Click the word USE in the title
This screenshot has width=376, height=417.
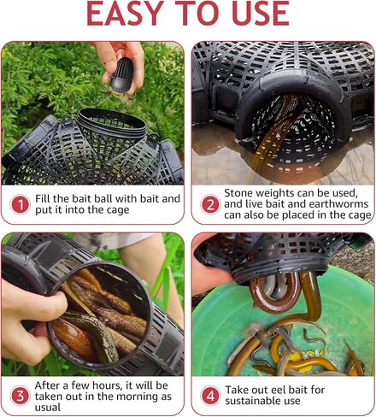coord(261,13)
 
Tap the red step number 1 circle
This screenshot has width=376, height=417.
coord(20,204)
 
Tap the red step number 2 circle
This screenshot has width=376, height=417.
coord(210,204)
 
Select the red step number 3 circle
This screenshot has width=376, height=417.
coord(20,396)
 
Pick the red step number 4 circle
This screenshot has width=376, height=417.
coord(210,396)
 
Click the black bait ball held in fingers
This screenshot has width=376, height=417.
coord(122,74)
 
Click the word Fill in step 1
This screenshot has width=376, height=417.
coord(43,198)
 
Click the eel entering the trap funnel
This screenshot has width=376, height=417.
coord(273,134)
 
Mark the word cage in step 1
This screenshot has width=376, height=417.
coord(118,210)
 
